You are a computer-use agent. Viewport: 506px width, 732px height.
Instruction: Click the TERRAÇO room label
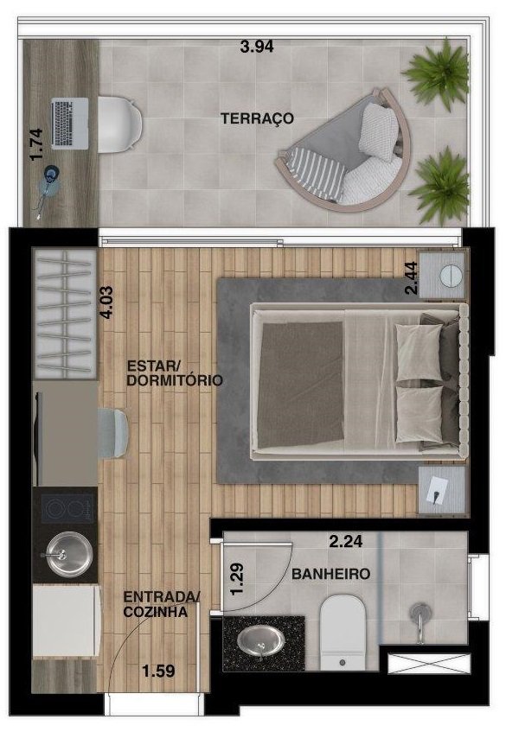pyautogui.click(x=258, y=118)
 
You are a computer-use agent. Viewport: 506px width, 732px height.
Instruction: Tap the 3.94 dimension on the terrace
pyautogui.click(x=257, y=47)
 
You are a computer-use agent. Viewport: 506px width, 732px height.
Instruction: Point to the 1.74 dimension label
pyautogui.click(x=36, y=144)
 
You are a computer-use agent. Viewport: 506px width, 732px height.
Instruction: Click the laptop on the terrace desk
pyautogui.click(x=69, y=124)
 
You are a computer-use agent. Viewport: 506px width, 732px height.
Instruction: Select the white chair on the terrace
pyautogui.click(x=119, y=124)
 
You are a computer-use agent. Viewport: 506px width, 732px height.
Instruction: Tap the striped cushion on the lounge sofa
pyautogui.click(x=317, y=171)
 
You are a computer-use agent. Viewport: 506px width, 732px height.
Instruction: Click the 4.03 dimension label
pyautogui.click(x=107, y=302)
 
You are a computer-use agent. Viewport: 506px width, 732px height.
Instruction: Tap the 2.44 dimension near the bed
pyautogui.click(x=411, y=277)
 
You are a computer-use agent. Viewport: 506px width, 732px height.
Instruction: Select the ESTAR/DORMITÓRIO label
pyautogui.click(x=174, y=372)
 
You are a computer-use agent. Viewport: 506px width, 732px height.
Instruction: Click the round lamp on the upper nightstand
pyautogui.click(x=451, y=275)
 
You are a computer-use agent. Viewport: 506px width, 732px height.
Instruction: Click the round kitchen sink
pyautogui.click(x=67, y=554)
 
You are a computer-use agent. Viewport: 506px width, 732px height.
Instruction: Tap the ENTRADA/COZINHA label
pyautogui.click(x=162, y=604)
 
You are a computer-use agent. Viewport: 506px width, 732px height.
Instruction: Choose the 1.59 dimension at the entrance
pyautogui.click(x=159, y=672)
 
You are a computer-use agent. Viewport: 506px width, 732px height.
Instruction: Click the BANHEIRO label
pyautogui.click(x=330, y=574)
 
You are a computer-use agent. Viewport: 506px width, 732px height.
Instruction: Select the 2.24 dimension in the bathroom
pyautogui.click(x=346, y=542)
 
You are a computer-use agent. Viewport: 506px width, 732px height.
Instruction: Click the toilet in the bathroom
pyautogui.click(x=343, y=632)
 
